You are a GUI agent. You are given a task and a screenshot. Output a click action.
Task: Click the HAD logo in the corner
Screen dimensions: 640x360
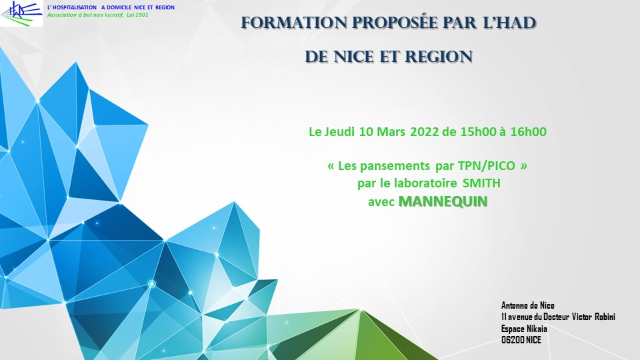tap(21, 13)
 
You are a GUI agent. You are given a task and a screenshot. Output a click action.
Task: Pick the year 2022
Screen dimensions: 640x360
tap(425, 132)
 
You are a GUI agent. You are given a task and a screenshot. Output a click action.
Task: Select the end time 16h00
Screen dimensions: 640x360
tap(528, 132)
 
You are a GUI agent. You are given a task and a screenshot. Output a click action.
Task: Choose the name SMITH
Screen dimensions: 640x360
tap(481, 183)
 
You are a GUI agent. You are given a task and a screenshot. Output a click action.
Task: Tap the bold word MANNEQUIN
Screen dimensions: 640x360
tap(443, 201)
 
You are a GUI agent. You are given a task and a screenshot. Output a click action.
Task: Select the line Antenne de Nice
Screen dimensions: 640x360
tap(528, 305)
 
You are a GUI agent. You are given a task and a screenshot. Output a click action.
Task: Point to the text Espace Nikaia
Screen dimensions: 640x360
tap(524, 329)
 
